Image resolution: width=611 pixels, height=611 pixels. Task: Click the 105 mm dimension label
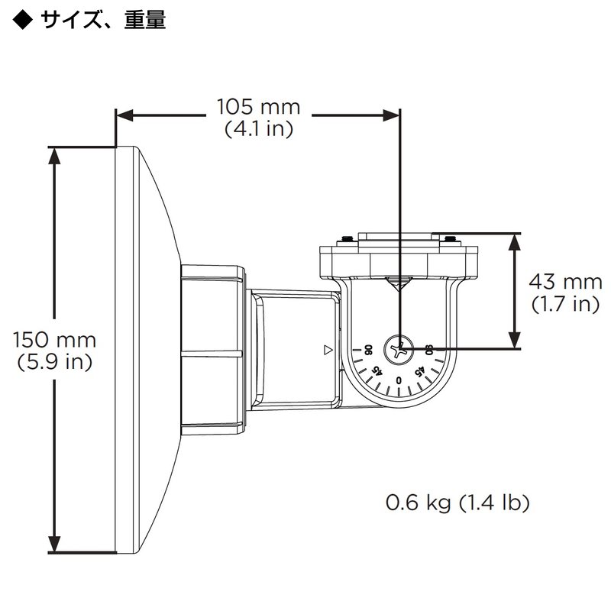pyautogui.click(x=258, y=106)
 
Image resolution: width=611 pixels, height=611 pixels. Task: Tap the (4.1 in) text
pyautogui.click(x=258, y=129)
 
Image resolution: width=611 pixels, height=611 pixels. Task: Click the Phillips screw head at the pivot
pyautogui.click(x=399, y=350)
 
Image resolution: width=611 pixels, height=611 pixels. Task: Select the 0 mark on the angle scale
pyautogui.click(x=399, y=380)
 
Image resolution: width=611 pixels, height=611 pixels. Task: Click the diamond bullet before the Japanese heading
pyautogui.click(x=24, y=19)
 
